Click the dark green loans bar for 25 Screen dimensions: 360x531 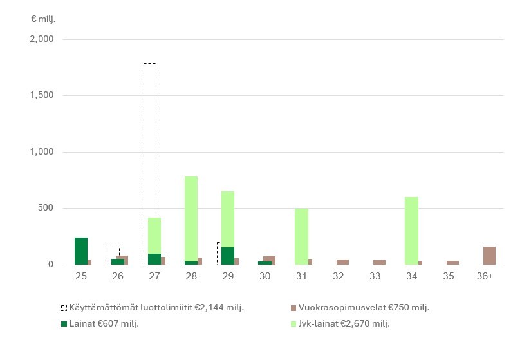tap(81, 251)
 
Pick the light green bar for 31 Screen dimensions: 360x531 tap(301, 236)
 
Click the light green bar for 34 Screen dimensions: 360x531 tap(411, 231)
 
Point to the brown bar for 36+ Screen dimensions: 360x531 tap(489, 256)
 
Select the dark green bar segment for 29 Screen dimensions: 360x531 tap(228, 256)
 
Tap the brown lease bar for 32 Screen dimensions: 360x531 tap(342, 262)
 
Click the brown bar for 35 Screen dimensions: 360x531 tap(452, 263)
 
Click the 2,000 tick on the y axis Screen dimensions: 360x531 tap(42, 39)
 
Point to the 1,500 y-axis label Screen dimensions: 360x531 tap(42, 95)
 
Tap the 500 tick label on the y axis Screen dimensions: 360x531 tap(45, 208)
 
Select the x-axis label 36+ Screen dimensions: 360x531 tap(485, 276)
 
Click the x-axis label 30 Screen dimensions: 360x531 tap(265, 276)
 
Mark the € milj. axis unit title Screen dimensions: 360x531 tap(43, 19)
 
